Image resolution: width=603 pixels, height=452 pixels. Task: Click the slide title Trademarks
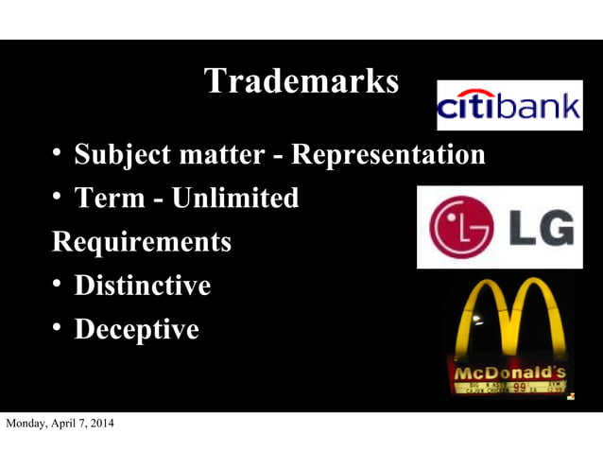[x=301, y=81]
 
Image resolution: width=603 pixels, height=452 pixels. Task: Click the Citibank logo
[x=508, y=105]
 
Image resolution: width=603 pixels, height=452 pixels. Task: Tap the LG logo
[x=500, y=227]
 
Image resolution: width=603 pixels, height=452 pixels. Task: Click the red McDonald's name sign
[x=508, y=371]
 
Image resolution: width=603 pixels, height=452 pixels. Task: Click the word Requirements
[x=141, y=241]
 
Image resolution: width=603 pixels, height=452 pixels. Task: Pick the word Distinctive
[x=142, y=285]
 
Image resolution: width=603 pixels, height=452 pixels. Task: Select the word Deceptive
[x=136, y=329]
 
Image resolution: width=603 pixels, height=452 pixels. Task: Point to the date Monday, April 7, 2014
[x=60, y=423]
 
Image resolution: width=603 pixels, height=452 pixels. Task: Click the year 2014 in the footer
[x=99, y=423]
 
